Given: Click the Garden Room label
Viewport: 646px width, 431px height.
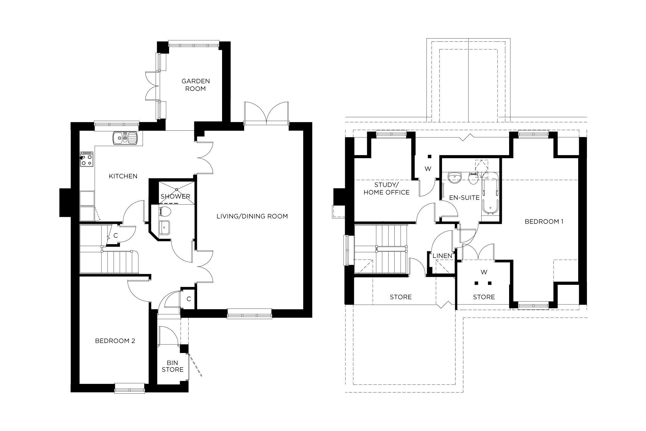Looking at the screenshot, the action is pos(195,85).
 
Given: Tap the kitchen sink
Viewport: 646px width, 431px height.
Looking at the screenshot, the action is pos(125,138).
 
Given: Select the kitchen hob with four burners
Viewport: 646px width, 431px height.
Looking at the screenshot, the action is pos(87,159).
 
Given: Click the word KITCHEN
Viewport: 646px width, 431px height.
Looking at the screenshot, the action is pos(123,176).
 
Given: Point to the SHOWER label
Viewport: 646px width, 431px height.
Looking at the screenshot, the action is pos(175,196).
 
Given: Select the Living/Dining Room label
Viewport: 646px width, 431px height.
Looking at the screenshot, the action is pos(252,216).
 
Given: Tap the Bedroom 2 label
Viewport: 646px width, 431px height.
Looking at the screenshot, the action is pos(115,341).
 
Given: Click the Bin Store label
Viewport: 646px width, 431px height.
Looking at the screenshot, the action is pos(173,366).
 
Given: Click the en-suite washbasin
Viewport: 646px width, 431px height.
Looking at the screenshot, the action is pos(454,177).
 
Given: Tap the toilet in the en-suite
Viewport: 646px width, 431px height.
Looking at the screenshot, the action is pos(473,179).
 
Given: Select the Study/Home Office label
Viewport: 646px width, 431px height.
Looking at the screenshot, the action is pos(386,189).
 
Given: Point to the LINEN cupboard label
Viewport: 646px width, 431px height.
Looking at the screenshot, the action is pos(443,256).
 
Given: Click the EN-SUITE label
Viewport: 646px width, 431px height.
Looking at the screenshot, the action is pos(464,198).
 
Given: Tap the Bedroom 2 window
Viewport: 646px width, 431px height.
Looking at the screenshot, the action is pos(129,388).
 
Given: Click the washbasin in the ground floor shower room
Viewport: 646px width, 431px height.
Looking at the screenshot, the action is pos(164,227).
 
